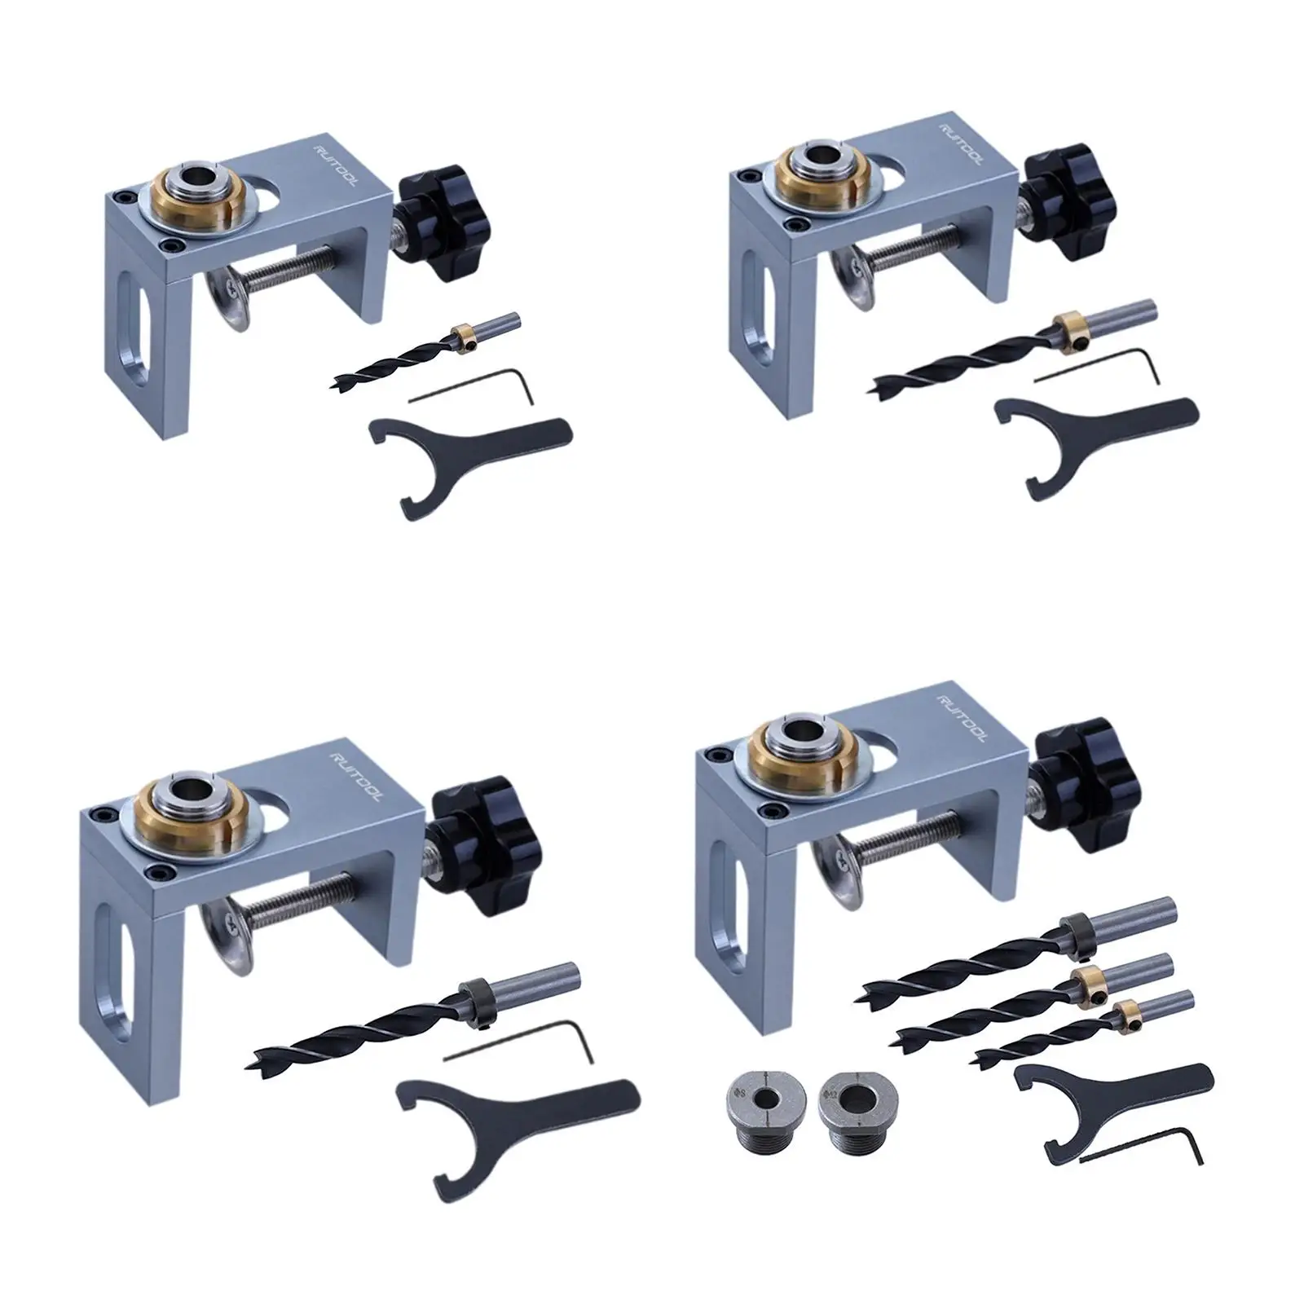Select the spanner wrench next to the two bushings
(x=1108, y=1092)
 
